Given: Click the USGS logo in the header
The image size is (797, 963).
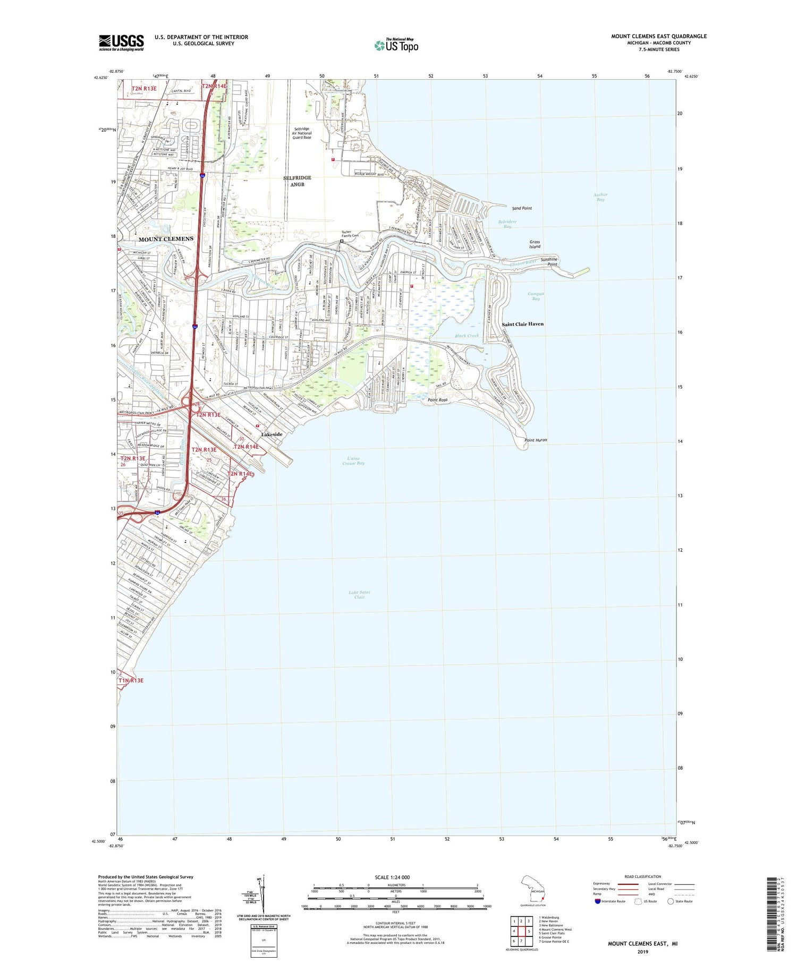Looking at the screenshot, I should click(121, 42).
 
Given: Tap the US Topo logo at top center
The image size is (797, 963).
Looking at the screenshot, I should click(396, 45).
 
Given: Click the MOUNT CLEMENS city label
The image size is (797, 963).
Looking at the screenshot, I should click(166, 239).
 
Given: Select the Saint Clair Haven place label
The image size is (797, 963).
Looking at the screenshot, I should click(522, 324).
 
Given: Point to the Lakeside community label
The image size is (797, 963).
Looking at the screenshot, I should click(271, 434).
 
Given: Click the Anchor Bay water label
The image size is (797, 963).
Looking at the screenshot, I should click(600, 197).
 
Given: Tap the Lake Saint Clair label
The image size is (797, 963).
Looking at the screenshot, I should click(359, 594).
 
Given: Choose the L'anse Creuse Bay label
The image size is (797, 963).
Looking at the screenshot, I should click(353, 461).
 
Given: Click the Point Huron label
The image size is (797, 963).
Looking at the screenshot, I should click(535, 440).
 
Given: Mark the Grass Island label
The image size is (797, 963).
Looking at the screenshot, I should click(535, 244).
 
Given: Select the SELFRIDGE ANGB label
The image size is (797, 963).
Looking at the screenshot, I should click(297, 181).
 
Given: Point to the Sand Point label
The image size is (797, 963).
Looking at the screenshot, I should click(521, 208).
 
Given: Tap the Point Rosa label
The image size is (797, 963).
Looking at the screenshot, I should click(437, 400).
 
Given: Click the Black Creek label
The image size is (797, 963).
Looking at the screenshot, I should click(467, 336).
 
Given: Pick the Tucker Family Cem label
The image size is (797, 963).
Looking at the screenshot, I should click(350, 234).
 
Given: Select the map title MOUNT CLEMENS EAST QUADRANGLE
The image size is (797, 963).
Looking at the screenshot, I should click(658, 36).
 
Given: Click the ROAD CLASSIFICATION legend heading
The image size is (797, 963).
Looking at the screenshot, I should click(643, 876).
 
